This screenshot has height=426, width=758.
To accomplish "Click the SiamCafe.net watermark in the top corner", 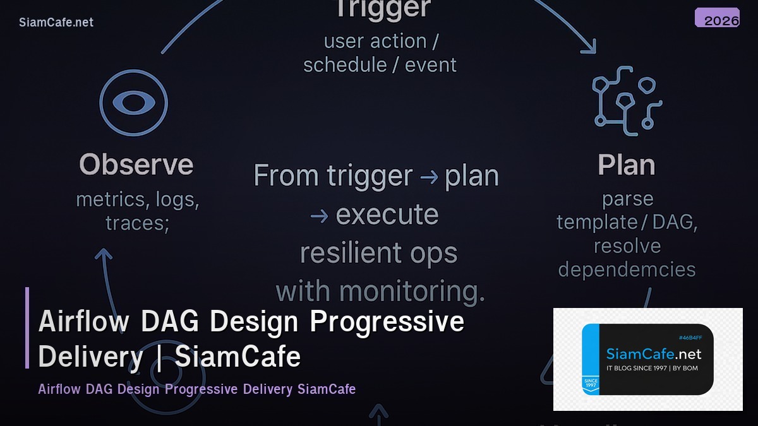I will point(56,22).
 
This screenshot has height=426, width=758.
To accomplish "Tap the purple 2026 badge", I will point(717,18).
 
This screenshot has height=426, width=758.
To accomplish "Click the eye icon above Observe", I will point(133,103).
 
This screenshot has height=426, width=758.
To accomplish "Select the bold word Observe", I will point(136,165).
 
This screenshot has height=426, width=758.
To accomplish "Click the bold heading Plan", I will point(626,165).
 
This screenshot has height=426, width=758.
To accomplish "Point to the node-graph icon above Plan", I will point(626,100).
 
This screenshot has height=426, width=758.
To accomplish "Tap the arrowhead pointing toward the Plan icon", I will point(590,45).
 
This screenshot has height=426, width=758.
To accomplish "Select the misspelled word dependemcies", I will point(627,269).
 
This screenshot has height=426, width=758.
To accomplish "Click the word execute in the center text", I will point(387,215).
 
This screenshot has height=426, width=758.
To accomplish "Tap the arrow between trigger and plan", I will point(429,177).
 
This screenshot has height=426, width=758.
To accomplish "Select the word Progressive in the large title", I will point(387,322).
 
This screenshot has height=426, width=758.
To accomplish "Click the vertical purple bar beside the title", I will point(27,328).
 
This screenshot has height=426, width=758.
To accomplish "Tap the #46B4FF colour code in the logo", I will point(690,338).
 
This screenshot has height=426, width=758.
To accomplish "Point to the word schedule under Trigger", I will point(345,65).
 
